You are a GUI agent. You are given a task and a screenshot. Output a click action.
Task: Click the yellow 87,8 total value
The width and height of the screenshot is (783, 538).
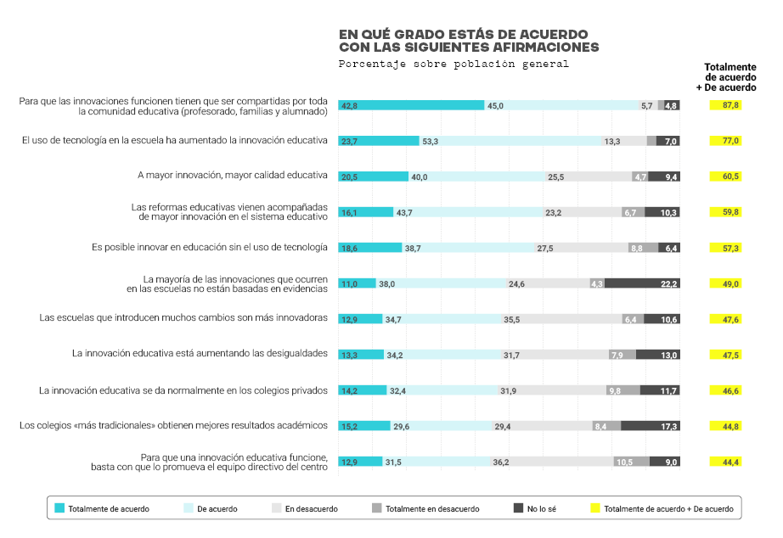[726, 105]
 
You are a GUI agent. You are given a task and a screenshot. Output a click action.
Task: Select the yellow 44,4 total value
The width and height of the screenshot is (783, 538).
[726, 462]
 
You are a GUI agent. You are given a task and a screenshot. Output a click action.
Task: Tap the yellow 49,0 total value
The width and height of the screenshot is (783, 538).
[726, 283]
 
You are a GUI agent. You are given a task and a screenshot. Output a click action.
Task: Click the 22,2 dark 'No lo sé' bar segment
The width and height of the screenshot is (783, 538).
[642, 283]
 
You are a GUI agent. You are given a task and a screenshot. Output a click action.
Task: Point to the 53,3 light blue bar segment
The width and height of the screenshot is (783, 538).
[510, 141]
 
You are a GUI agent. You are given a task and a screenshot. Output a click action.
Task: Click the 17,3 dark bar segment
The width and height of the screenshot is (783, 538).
[651, 426]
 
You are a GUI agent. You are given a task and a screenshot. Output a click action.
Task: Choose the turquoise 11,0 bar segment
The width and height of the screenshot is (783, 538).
[358, 283]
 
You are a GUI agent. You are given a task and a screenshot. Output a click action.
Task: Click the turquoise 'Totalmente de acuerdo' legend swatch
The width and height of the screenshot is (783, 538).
[59, 508]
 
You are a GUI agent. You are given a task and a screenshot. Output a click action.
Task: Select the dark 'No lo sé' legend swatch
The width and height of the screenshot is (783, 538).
[517, 508]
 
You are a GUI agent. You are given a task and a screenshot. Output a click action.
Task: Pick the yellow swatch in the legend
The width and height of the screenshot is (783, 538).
[594, 508]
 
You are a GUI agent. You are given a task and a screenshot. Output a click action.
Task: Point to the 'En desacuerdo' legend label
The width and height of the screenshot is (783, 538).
[312, 509]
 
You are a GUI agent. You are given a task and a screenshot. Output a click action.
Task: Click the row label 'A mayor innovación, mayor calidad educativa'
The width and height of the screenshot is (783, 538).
[233, 176]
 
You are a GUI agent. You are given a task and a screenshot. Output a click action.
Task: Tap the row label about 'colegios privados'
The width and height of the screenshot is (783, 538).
[183, 390]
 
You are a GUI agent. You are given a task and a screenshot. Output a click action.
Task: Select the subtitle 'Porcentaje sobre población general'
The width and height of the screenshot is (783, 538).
[453, 64]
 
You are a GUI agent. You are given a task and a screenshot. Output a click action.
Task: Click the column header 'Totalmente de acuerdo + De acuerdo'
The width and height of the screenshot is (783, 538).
[730, 76]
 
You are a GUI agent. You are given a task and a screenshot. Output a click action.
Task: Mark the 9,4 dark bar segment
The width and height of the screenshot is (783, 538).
[666, 177]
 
